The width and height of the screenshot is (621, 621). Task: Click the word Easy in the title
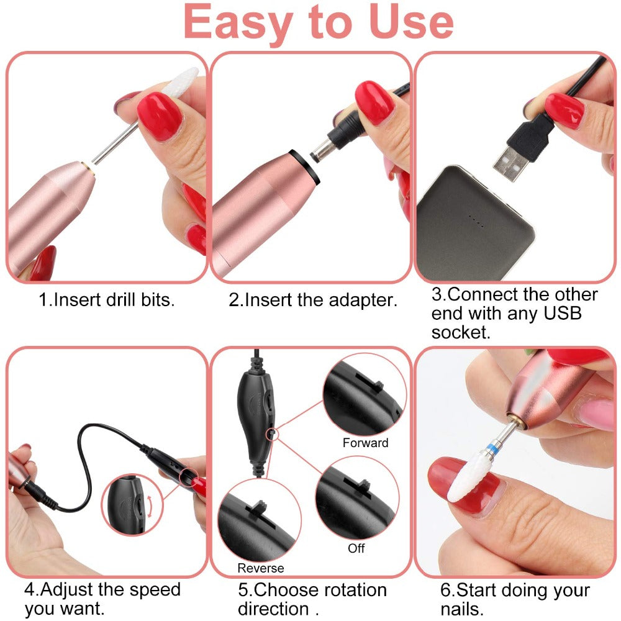tap(238, 23)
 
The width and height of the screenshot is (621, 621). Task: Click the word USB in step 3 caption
tap(561, 313)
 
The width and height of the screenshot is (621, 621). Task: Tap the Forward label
tap(365, 443)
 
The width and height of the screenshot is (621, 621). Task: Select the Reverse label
tap(260, 568)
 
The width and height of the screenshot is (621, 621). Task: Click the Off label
tap(356, 548)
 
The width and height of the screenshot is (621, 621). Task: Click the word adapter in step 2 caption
tap(363, 301)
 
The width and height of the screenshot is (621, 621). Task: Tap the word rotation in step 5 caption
tap(349, 589)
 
